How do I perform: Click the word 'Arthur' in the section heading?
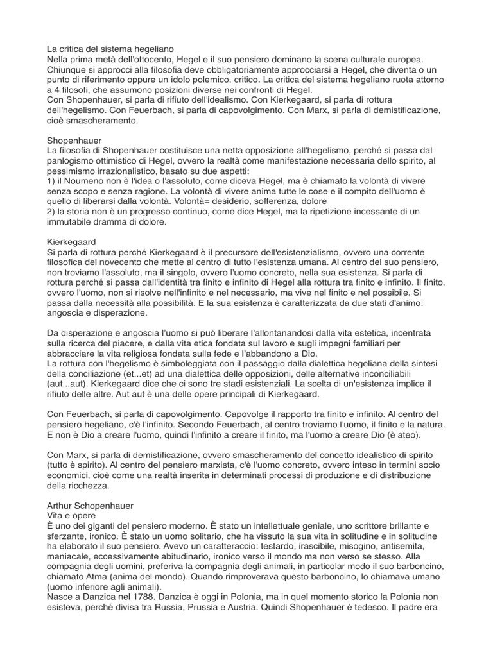(62, 506)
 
